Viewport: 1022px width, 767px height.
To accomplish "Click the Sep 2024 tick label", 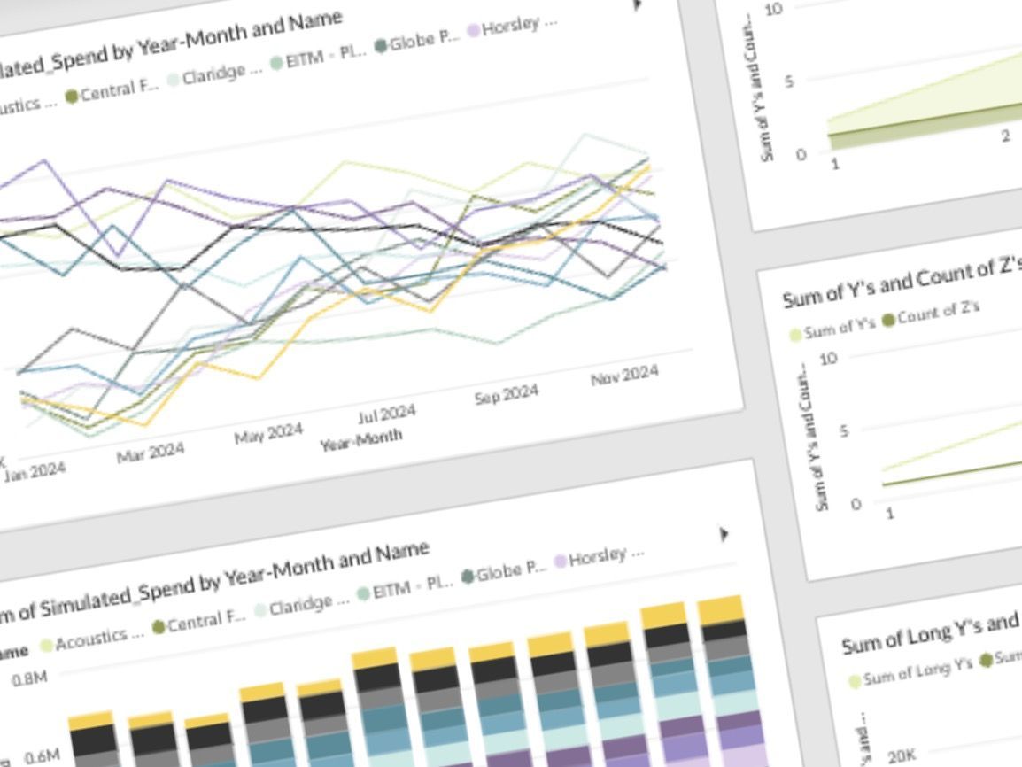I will coord(506,395).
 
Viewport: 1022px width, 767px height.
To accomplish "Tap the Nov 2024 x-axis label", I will coord(624,376).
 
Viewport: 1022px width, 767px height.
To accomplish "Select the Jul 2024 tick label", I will coord(386,414).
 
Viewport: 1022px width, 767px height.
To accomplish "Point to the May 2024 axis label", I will coord(268,433).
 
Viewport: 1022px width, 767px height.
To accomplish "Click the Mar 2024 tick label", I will coord(151,453).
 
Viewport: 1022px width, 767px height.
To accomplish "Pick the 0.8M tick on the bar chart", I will coord(30,680).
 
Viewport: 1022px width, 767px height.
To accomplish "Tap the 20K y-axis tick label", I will coord(902,755).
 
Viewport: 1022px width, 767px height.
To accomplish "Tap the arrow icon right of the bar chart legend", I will coord(724,534).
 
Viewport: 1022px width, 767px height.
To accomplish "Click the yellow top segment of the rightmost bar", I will coord(720,609).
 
